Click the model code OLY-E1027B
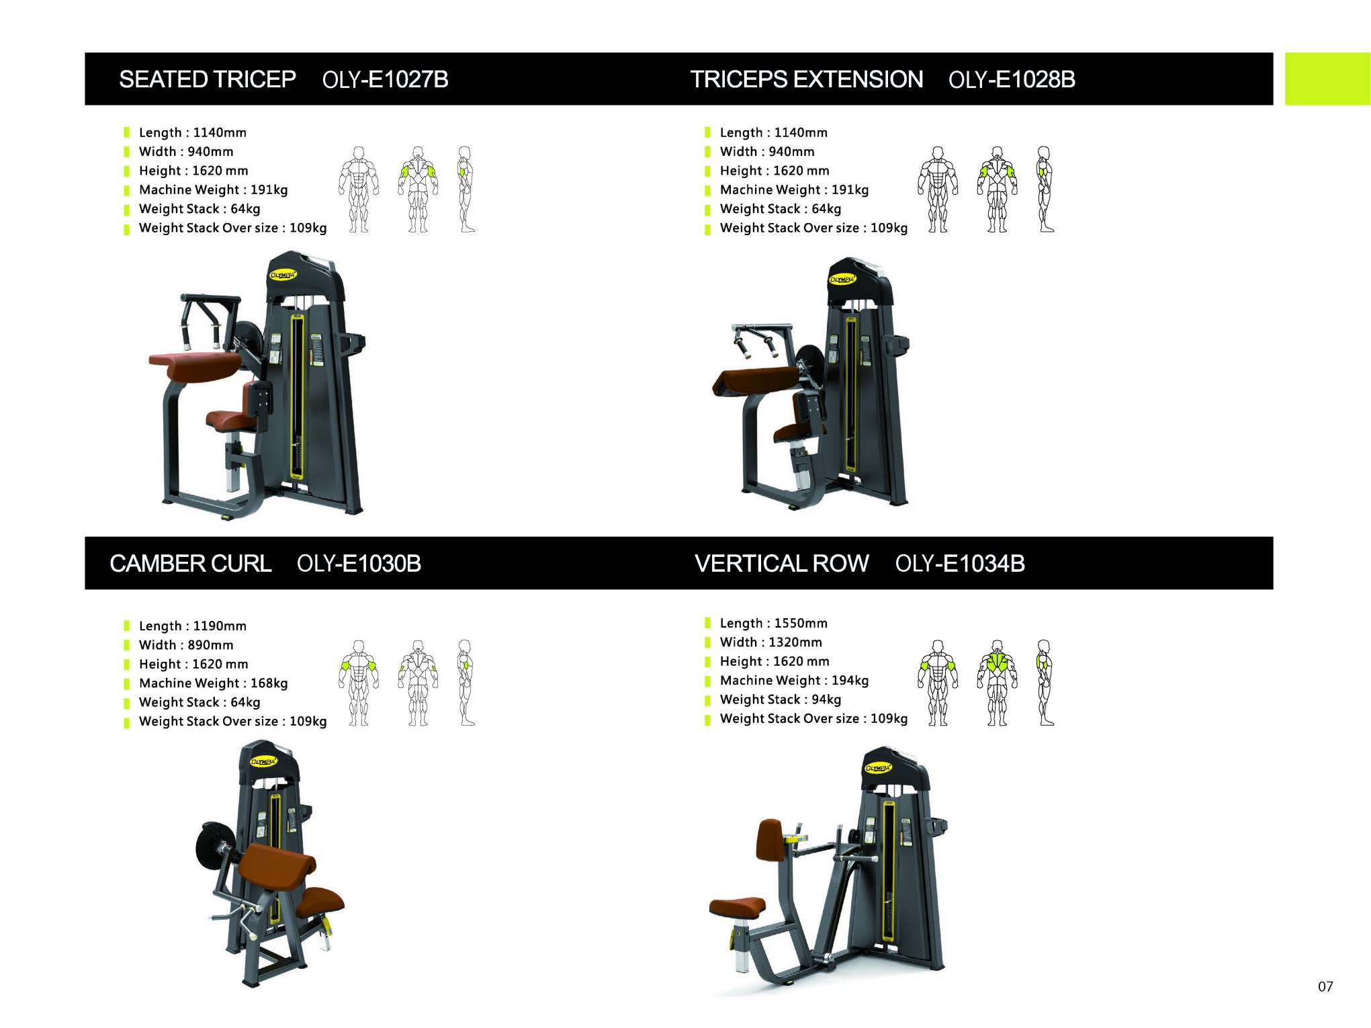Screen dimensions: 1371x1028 coord(385,79)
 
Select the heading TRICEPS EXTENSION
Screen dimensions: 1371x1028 coord(807,79)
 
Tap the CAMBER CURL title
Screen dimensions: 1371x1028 coord(191,563)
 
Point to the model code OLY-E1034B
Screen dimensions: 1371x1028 coord(960,563)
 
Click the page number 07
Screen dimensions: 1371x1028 coord(1325,986)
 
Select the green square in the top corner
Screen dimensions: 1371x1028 coord(1328,79)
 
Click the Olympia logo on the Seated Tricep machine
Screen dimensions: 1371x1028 coord(283,275)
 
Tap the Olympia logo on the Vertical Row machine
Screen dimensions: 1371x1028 coord(879,767)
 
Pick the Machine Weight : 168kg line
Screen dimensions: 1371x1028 coord(214,683)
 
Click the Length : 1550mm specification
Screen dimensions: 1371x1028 coord(774,623)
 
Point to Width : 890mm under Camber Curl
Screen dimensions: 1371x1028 coord(186,644)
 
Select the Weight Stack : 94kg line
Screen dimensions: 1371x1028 coord(781,699)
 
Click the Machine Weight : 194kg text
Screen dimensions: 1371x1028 coord(795,680)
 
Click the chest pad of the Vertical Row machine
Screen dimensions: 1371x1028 coord(770,840)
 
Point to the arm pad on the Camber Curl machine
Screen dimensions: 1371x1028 coord(277,867)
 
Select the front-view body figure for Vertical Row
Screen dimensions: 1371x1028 coord(938,683)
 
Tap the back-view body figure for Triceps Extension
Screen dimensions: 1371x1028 coord(998,189)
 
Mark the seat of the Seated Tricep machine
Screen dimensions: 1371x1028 coord(229,420)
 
